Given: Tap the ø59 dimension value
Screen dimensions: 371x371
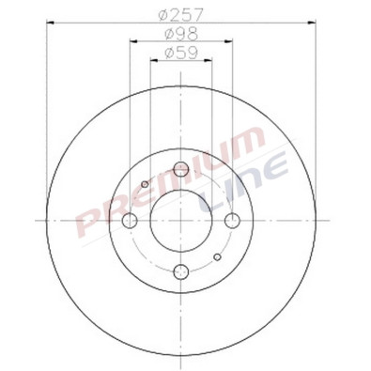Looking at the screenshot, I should (x=180, y=54).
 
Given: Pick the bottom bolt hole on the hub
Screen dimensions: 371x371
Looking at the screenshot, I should (x=182, y=272).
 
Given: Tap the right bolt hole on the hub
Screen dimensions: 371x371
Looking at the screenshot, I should (x=234, y=221).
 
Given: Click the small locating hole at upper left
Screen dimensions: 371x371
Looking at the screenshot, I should (x=145, y=183).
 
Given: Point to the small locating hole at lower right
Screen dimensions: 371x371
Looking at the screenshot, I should (x=218, y=256).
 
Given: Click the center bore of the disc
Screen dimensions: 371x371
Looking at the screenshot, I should (x=182, y=221).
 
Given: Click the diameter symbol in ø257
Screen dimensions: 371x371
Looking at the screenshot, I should (x=165, y=16).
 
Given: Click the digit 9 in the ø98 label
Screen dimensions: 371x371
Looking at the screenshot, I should (x=180, y=35).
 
